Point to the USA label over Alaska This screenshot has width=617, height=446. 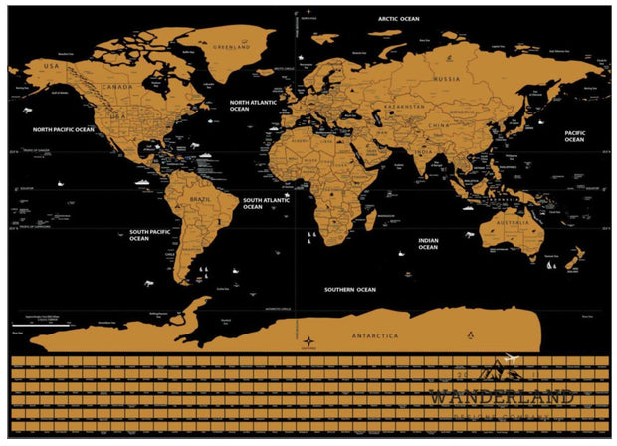pos(52,66)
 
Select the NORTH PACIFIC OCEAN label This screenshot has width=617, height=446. pos(63,129)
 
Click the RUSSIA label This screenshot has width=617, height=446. pos(446,78)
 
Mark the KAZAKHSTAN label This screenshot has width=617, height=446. pos(405,105)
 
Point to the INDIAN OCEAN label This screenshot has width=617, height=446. pos(427,243)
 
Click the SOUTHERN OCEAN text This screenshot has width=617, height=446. pos(350,289)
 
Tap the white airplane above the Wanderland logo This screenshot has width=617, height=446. pos(513,359)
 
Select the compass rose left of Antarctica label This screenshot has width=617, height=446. pos(306,344)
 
